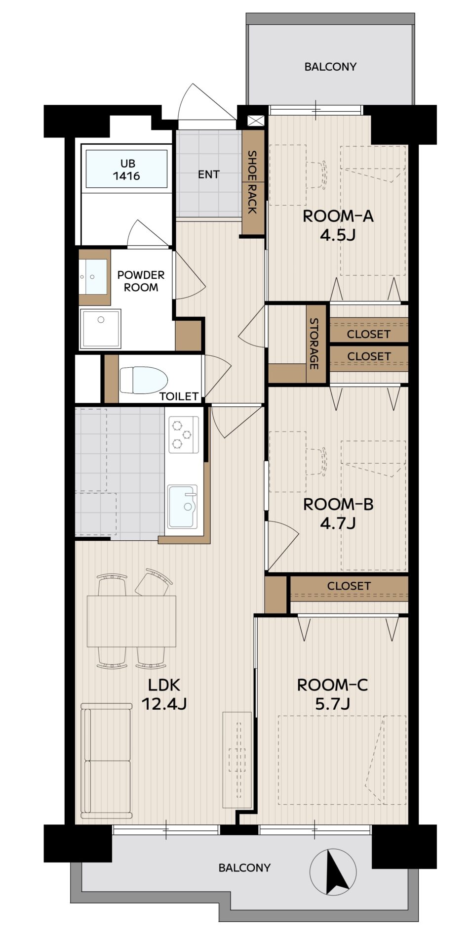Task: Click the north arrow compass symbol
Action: click(333, 871)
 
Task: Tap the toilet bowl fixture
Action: click(143, 379)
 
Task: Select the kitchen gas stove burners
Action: click(184, 434)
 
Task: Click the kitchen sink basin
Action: click(182, 506)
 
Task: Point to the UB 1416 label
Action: click(126, 170)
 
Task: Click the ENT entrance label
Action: click(208, 174)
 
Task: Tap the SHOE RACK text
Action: click(252, 182)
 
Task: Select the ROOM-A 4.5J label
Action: click(338, 225)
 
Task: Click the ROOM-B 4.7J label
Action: click(338, 513)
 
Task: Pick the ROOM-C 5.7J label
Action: click(333, 694)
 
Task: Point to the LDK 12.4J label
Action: click(164, 694)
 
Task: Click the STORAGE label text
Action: click(314, 344)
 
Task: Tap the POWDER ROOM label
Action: click(141, 281)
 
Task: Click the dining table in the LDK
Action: click(131, 621)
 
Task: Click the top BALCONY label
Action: click(330, 66)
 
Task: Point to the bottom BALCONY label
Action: click(244, 867)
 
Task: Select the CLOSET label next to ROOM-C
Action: click(349, 586)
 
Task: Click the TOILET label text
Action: click(179, 396)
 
